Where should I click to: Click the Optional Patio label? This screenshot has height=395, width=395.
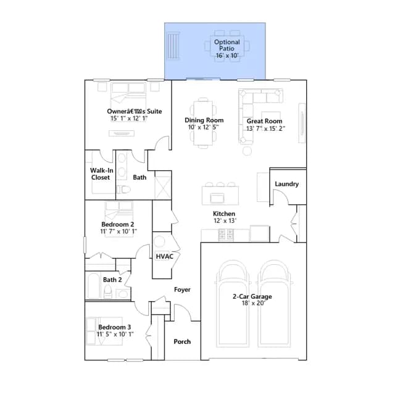(x=227, y=45)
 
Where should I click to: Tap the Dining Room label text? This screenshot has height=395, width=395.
(x=204, y=120)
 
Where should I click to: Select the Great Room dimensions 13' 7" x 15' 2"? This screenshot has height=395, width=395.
(x=265, y=128)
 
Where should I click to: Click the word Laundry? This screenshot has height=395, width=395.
(x=286, y=184)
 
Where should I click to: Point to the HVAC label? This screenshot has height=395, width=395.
(x=165, y=257)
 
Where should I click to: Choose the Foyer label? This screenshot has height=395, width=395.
(x=182, y=289)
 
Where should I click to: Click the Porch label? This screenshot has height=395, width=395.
(x=182, y=341)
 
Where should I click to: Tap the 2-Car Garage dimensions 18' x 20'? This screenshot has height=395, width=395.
(x=254, y=303)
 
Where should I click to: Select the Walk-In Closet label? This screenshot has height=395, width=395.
(x=101, y=174)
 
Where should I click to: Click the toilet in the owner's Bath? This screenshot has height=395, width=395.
(x=123, y=189)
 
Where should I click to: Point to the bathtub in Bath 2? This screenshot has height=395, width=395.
(x=93, y=286)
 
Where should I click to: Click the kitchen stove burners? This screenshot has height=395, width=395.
(x=226, y=235)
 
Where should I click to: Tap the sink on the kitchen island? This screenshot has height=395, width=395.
(x=217, y=198)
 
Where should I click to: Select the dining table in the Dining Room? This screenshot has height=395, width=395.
(x=203, y=123)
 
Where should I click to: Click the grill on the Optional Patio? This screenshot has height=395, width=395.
(x=173, y=46)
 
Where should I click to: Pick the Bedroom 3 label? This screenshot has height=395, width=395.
(x=114, y=327)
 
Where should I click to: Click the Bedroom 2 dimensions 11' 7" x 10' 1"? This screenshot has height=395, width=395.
(x=118, y=231)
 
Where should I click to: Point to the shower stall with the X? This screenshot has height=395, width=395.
(x=162, y=187)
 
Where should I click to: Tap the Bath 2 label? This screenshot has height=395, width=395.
(x=112, y=280)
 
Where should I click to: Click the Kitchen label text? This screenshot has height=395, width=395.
(x=224, y=214)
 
